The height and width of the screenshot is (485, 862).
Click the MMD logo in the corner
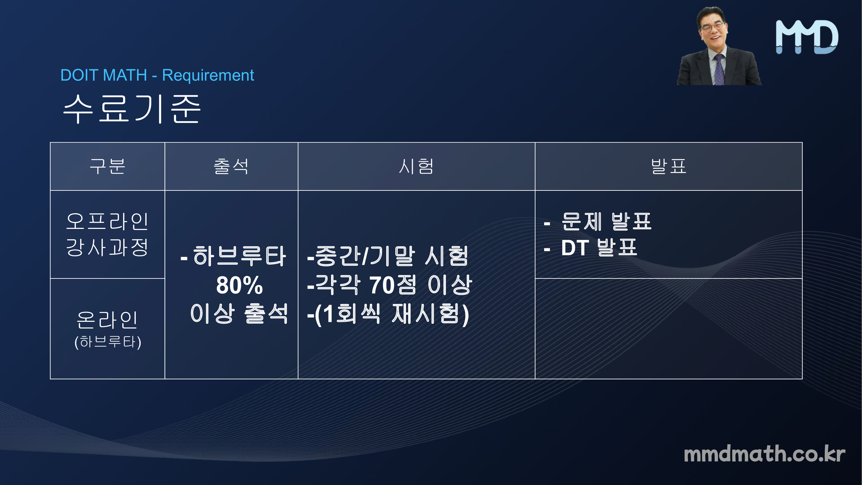(x=807, y=37)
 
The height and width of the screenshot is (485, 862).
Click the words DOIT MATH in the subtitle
(x=104, y=75)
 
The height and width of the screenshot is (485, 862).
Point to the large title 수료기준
(x=132, y=109)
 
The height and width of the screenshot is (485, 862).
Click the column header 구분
(x=107, y=166)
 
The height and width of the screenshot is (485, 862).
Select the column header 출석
(x=231, y=166)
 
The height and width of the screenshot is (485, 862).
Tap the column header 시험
(x=416, y=166)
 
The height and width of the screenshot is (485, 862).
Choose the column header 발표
(x=668, y=166)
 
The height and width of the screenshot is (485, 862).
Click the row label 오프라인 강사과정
(x=107, y=234)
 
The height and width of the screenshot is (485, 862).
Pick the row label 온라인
(x=107, y=320)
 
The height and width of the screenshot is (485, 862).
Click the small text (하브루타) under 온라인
(x=108, y=342)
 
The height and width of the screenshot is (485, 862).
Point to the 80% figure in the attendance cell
(x=240, y=285)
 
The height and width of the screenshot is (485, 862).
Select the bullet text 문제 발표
(x=607, y=221)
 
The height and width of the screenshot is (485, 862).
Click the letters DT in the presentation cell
(x=575, y=248)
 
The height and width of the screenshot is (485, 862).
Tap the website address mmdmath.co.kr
(x=764, y=454)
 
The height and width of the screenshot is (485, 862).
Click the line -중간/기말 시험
(x=388, y=256)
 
